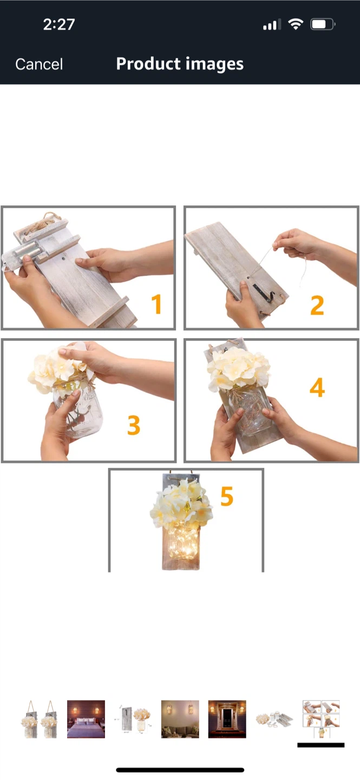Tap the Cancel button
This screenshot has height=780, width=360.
[x=39, y=64]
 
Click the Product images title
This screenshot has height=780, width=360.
[x=180, y=64]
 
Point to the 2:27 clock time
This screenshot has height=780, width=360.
[x=59, y=24]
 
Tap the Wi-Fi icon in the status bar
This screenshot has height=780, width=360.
[x=296, y=24]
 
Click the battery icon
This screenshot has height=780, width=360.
[x=323, y=24]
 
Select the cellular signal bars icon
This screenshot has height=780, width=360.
[x=272, y=25]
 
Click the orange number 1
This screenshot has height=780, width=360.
[x=156, y=304]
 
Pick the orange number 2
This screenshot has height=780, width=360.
[x=317, y=305]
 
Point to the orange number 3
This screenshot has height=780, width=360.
[x=134, y=425]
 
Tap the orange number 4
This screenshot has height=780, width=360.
[x=317, y=387]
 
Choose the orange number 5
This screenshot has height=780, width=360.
[x=227, y=496]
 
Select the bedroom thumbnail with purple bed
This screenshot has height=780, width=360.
[x=86, y=719]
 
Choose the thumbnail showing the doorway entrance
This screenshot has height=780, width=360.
[x=227, y=719]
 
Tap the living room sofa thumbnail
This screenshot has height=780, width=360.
[x=180, y=719]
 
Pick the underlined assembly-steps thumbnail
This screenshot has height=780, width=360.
[x=321, y=719]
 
